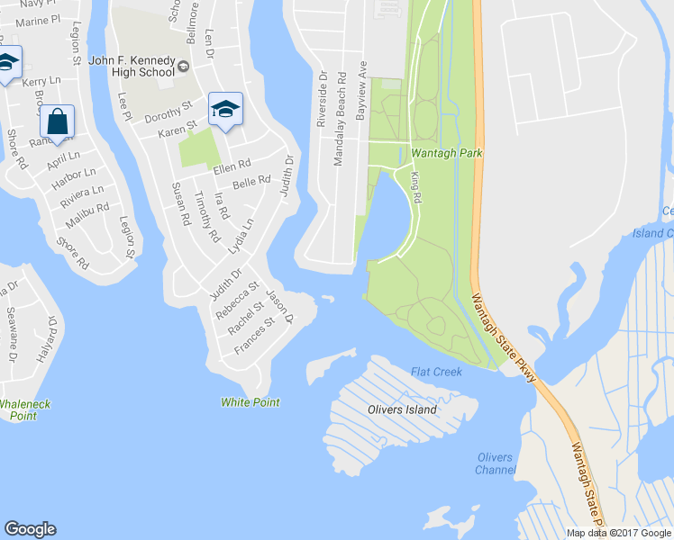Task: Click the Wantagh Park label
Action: coord(447,153)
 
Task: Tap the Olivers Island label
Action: coord(402,409)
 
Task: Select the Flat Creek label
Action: coord(436,372)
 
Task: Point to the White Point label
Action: coord(250,402)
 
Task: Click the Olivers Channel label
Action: coord(496,463)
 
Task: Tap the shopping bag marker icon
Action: coord(57,122)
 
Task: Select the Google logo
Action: coord(30,529)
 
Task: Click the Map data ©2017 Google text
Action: coord(619,533)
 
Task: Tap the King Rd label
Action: coord(416,187)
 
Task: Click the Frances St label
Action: coord(254,337)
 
